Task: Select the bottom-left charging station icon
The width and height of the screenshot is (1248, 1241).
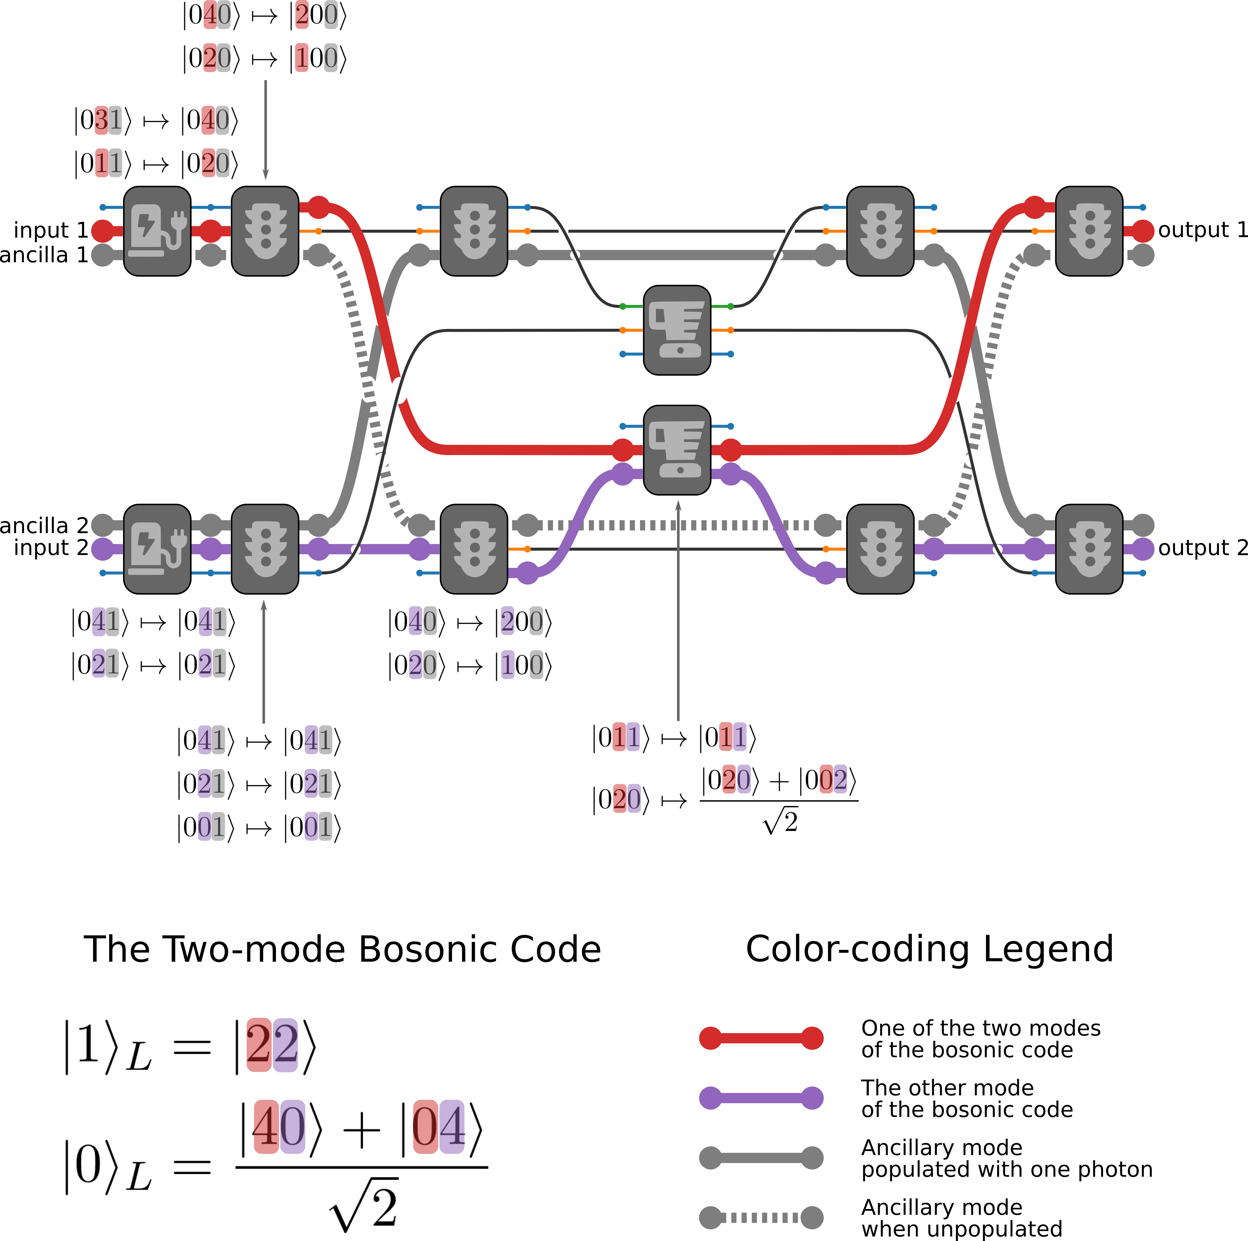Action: (x=157, y=549)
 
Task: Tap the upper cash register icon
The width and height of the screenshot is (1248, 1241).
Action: (x=677, y=330)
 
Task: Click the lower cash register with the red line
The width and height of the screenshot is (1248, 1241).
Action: (x=677, y=450)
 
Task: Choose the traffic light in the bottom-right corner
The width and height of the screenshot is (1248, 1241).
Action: (x=1089, y=549)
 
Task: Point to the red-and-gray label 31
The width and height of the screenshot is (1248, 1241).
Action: (x=108, y=120)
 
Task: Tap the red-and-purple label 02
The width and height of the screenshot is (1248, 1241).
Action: (x=833, y=779)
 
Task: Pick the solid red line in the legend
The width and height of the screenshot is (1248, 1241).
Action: (x=761, y=1038)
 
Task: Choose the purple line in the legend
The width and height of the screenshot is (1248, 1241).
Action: (x=761, y=1098)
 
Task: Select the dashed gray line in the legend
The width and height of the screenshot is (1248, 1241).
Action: (x=761, y=1217)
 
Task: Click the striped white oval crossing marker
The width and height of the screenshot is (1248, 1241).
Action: (x=368, y=390)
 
